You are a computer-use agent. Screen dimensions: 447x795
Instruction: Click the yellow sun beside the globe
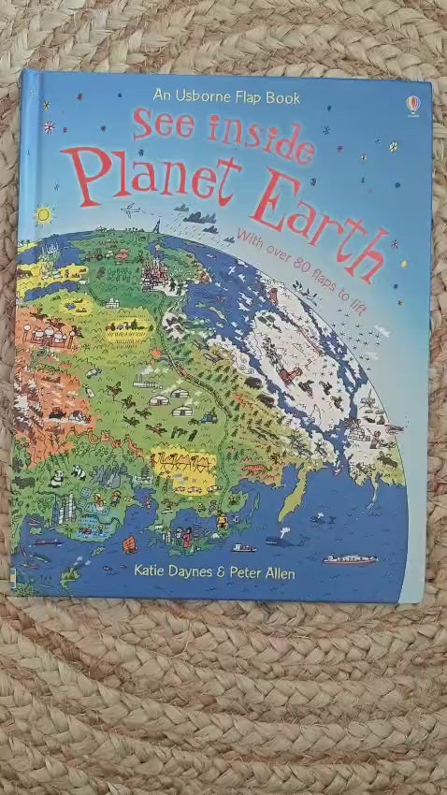coord(43,215)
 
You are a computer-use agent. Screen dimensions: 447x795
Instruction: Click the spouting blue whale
coord(280,539)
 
